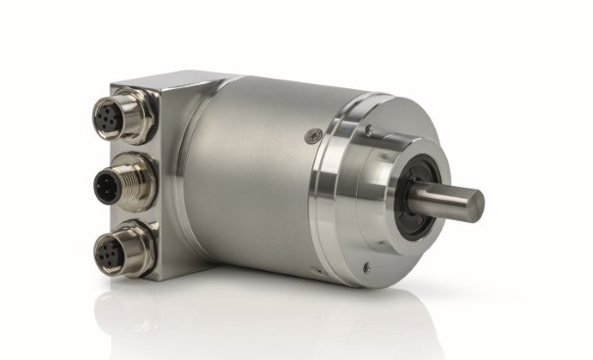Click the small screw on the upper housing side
coord(312,137)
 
